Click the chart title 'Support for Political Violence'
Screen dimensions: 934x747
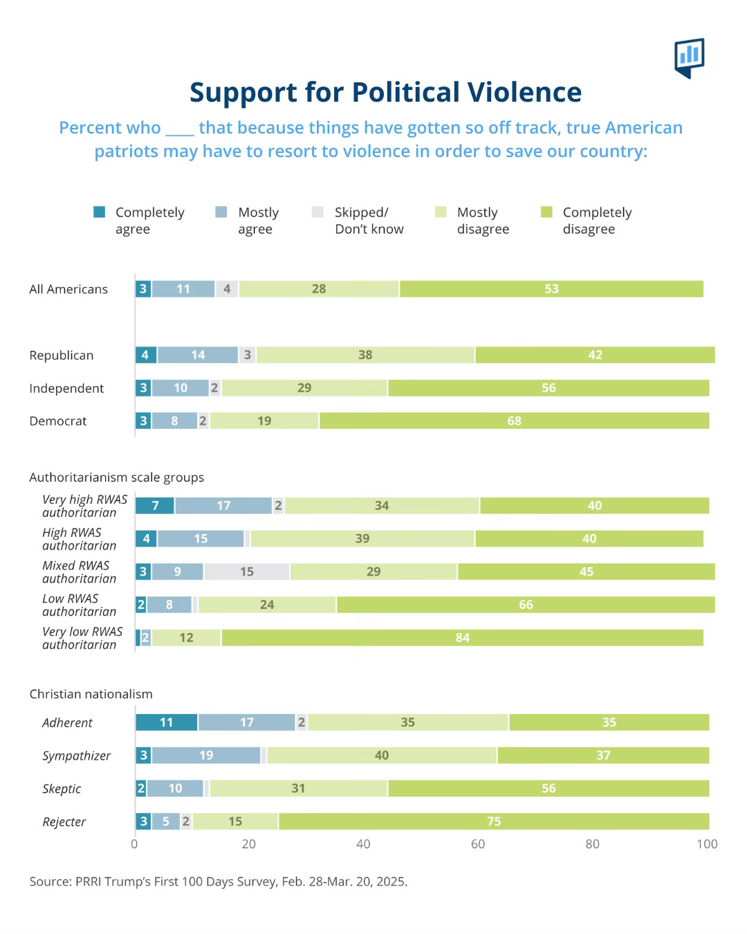(x=385, y=92)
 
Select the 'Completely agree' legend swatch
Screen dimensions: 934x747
(x=100, y=212)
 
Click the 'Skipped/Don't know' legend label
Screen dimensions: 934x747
(x=369, y=221)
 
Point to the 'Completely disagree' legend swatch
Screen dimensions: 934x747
(x=546, y=212)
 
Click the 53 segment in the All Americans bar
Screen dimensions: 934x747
(x=551, y=289)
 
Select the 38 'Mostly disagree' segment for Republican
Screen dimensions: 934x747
(x=365, y=355)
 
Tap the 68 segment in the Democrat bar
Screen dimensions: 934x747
(x=514, y=421)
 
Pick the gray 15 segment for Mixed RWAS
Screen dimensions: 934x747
(x=247, y=572)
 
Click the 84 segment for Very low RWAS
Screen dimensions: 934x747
(x=462, y=638)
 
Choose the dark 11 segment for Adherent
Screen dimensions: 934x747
(x=166, y=722)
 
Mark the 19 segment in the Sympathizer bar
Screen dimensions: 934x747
(x=206, y=756)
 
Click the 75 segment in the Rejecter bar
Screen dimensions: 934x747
(x=493, y=821)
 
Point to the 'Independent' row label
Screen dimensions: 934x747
(x=66, y=389)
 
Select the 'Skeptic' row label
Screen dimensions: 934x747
(x=62, y=789)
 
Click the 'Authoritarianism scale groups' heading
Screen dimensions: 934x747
(x=116, y=477)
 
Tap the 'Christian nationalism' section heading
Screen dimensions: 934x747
(x=91, y=694)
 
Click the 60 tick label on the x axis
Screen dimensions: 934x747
(x=478, y=844)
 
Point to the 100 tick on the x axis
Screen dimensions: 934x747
(x=707, y=844)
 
